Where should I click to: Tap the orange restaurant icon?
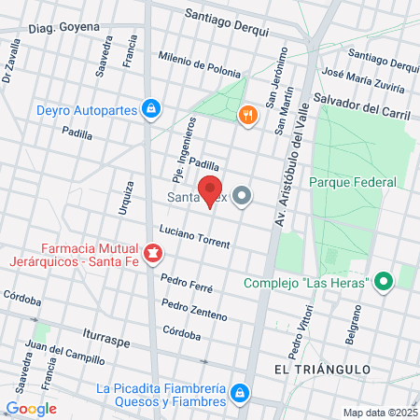[247, 115]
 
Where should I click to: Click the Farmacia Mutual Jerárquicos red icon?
[150, 252]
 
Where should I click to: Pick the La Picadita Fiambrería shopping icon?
[240, 392]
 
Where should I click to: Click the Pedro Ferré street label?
[187, 282]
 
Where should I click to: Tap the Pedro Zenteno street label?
[193, 308]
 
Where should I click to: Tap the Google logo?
[31, 408]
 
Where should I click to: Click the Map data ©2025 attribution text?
[378, 413]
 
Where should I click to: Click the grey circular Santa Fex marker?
[243, 196]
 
